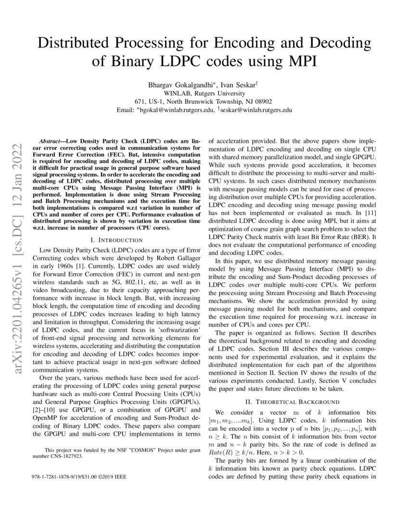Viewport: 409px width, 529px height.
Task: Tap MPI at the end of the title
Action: pos(302,62)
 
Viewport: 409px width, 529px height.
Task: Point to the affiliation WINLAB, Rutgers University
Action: pos(204,93)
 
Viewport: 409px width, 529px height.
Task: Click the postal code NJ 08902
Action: pos(258,101)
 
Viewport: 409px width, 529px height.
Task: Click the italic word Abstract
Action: pos(51,143)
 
